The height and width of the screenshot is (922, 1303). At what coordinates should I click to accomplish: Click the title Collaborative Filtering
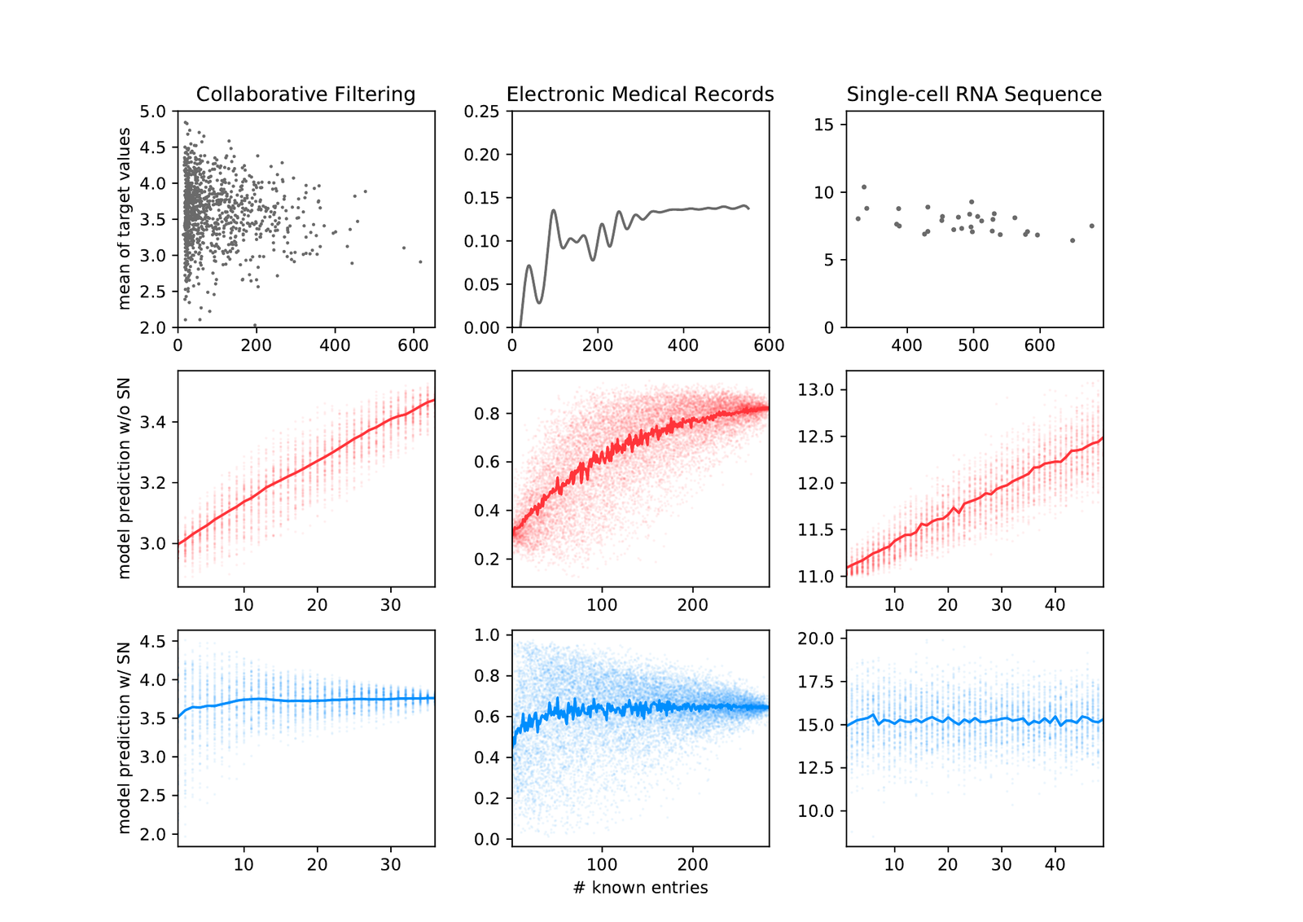point(305,94)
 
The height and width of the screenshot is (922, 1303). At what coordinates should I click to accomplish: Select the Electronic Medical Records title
point(640,94)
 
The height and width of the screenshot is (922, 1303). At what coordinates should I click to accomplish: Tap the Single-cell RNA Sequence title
point(974,94)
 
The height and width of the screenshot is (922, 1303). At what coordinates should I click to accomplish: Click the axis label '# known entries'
point(640,888)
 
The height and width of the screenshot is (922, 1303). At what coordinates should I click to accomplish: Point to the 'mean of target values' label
point(124,219)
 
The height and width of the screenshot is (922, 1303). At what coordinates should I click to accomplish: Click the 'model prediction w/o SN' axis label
point(124,478)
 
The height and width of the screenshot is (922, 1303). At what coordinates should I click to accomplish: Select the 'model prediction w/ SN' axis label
point(124,738)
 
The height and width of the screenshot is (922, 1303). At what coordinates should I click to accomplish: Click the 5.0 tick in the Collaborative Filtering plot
point(152,111)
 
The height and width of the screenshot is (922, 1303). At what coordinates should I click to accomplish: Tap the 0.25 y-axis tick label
point(481,111)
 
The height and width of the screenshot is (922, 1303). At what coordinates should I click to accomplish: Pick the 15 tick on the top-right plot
point(823,125)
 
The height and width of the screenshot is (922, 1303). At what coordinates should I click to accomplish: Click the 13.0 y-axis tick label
point(815,390)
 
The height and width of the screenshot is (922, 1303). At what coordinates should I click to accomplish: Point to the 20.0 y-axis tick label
point(815,639)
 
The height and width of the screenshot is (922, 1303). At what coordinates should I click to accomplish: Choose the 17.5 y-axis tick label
point(815,682)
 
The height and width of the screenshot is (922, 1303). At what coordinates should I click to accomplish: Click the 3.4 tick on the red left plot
point(152,423)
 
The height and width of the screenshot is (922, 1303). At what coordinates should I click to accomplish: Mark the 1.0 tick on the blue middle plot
point(487,634)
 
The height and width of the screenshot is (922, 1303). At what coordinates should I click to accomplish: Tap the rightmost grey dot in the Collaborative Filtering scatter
point(420,261)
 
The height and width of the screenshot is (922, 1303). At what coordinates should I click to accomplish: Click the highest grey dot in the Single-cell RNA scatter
point(864,187)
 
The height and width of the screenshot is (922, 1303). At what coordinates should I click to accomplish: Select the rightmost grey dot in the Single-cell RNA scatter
point(1092,226)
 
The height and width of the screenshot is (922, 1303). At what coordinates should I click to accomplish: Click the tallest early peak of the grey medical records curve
point(553,211)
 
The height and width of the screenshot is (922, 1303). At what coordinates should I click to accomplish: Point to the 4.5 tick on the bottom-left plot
point(152,642)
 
